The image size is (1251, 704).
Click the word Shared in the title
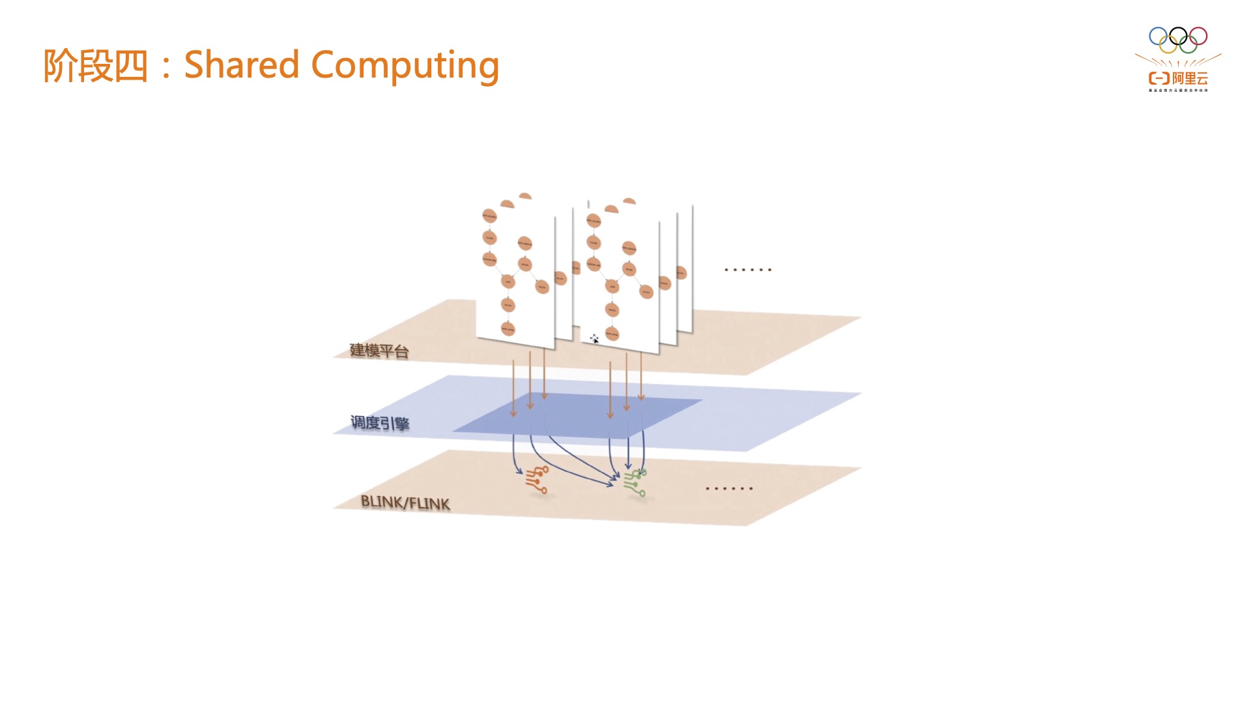point(241,65)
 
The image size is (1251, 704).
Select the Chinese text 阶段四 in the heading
point(96,66)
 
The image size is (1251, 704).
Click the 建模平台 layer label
point(379,351)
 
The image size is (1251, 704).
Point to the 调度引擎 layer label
point(380,423)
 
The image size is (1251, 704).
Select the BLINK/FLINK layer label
point(405,503)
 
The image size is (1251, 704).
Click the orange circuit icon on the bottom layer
point(537,480)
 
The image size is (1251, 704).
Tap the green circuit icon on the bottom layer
point(635,483)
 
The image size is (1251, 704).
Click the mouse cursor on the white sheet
point(594,339)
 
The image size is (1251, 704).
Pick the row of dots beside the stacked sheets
point(748,269)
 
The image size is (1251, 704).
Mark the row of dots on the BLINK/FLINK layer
point(729,488)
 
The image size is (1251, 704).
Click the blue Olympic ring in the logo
point(1158,36)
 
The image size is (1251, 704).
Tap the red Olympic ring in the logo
point(1198,36)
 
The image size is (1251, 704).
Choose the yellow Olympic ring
point(1168,45)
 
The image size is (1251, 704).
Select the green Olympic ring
point(1188,45)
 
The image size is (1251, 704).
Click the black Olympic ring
point(1178,36)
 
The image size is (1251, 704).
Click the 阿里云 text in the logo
point(1190,79)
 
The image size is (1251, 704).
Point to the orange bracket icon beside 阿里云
point(1158,79)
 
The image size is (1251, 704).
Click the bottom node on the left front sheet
point(508,329)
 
